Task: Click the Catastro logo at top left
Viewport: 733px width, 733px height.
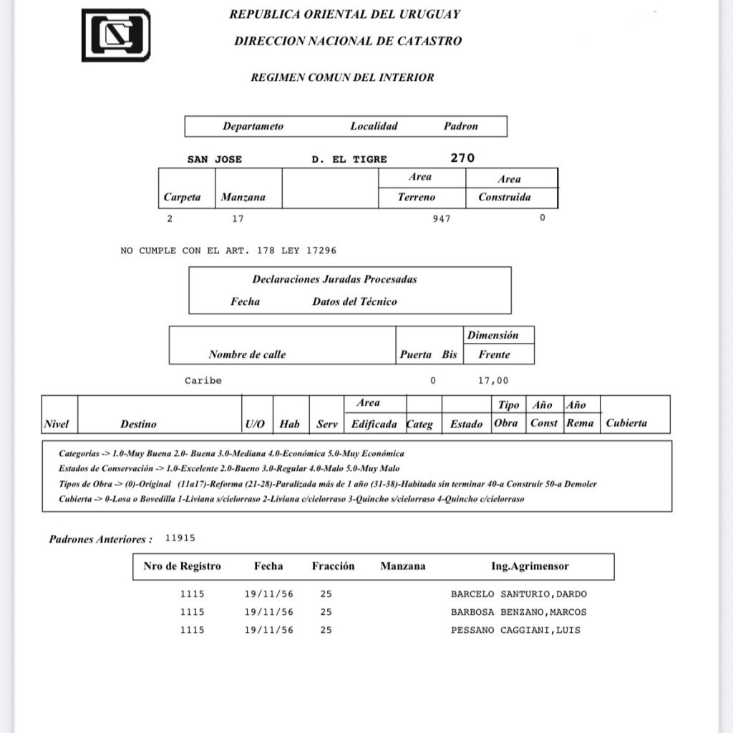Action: pyautogui.click(x=116, y=34)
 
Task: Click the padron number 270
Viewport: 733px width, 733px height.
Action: pyautogui.click(x=462, y=158)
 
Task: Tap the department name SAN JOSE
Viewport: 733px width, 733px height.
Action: pyautogui.click(x=215, y=160)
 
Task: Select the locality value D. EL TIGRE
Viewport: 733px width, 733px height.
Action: pyautogui.click(x=349, y=160)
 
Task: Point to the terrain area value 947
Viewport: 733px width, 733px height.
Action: pyautogui.click(x=442, y=219)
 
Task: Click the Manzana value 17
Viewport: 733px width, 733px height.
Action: pyautogui.click(x=238, y=219)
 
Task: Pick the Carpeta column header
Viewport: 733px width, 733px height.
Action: pyautogui.click(x=182, y=198)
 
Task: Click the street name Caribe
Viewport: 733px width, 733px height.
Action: pyautogui.click(x=203, y=381)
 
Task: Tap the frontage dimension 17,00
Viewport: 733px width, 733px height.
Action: pyautogui.click(x=493, y=381)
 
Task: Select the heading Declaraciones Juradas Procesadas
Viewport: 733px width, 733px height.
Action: pyautogui.click(x=334, y=279)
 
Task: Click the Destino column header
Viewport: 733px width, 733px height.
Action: pyautogui.click(x=138, y=424)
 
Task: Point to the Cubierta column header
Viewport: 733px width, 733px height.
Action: pyautogui.click(x=626, y=423)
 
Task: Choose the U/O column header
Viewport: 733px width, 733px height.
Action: pyautogui.click(x=255, y=424)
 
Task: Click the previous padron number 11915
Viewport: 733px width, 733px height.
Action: pyautogui.click(x=180, y=538)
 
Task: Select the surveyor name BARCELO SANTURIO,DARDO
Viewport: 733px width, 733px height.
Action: pyautogui.click(x=519, y=594)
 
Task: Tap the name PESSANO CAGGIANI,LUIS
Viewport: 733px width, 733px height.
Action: pyautogui.click(x=515, y=630)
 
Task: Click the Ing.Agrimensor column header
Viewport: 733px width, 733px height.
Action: pyautogui.click(x=530, y=566)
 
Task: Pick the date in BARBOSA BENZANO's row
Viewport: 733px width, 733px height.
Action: pyautogui.click(x=268, y=612)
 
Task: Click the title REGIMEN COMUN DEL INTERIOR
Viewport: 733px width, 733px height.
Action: pyautogui.click(x=342, y=77)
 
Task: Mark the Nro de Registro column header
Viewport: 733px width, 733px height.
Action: pyautogui.click(x=182, y=566)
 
